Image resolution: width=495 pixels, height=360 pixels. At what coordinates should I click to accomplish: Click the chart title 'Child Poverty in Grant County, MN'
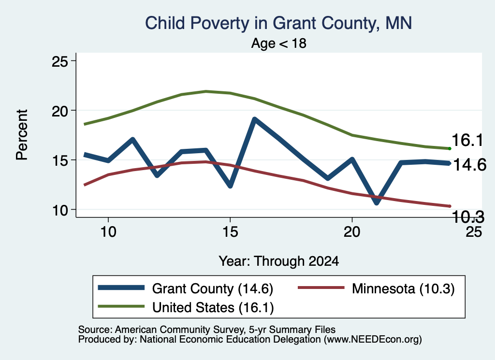(x=278, y=23)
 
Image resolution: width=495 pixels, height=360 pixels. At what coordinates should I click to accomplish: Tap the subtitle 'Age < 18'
(x=279, y=43)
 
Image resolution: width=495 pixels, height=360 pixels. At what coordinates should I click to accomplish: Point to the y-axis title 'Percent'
(x=22, y=135)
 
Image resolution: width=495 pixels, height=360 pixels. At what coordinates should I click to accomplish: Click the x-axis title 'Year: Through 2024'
(x=279, y=261)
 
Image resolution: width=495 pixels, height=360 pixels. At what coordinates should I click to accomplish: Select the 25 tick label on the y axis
(x=60, y=61)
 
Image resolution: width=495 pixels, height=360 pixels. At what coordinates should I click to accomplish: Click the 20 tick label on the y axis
(x=60, y=111)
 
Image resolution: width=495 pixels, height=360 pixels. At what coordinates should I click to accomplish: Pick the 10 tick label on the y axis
(x=60, y=210)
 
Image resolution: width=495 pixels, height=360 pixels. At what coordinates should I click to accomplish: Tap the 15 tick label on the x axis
(x=230, y=232)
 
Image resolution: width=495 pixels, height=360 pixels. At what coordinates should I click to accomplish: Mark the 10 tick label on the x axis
(x=108, y=232)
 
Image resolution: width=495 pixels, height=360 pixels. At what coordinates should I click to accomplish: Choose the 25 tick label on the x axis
(x=474, y=232)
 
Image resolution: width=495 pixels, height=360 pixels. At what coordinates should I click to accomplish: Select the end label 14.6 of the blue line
(x=470, y=165)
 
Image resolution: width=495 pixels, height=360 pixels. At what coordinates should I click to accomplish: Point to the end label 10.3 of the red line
(x=468, y=217)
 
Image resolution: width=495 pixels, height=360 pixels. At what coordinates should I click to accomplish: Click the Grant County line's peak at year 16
(x=255, y=119)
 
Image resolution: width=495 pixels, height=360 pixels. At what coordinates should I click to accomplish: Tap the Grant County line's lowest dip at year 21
(x=377, y=202)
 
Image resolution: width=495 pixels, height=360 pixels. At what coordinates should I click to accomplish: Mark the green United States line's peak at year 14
(x=206, y=91)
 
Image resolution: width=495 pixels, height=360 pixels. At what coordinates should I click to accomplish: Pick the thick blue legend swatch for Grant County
(x=121, y=288)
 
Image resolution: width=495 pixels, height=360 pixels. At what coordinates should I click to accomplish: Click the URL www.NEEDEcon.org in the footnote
(x=373, y=339)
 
